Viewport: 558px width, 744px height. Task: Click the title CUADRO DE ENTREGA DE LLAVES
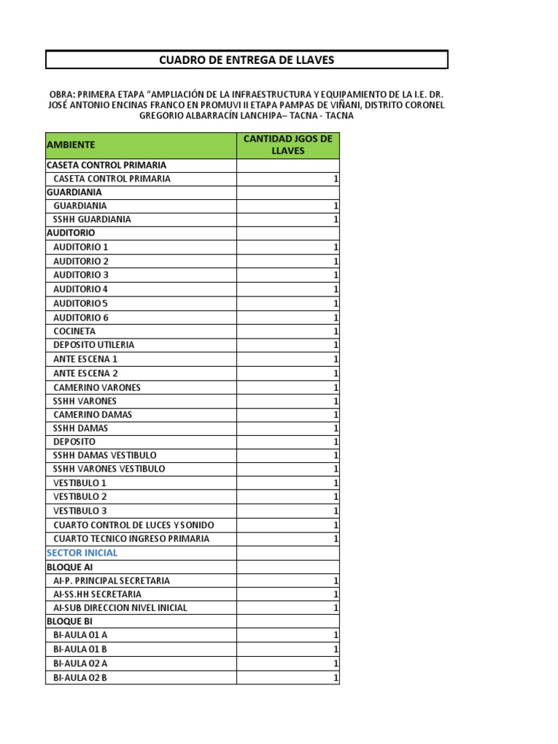pos(246,60)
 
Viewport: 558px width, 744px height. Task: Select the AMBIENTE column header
pos(71,145)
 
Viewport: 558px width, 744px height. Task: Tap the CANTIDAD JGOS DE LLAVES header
pos(287,145)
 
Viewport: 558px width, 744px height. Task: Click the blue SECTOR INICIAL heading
pos(81,553)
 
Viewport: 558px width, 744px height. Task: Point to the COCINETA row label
pos(74,331)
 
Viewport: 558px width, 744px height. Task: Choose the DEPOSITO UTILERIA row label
pos(94,345)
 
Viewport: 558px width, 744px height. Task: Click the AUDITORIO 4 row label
pos(81,289)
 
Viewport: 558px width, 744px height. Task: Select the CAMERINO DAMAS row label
pos(93,415)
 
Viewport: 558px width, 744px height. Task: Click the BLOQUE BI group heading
pos(69,622)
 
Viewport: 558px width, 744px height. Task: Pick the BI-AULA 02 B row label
pos(80,678)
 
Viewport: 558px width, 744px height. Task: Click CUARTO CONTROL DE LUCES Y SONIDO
pos(134,525)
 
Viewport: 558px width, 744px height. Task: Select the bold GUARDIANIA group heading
pos(73,193)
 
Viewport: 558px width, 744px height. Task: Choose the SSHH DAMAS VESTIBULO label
pos(105,456)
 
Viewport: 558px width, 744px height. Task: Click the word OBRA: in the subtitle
pos(61,95)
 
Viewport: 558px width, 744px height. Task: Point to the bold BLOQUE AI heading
pos(69,567)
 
